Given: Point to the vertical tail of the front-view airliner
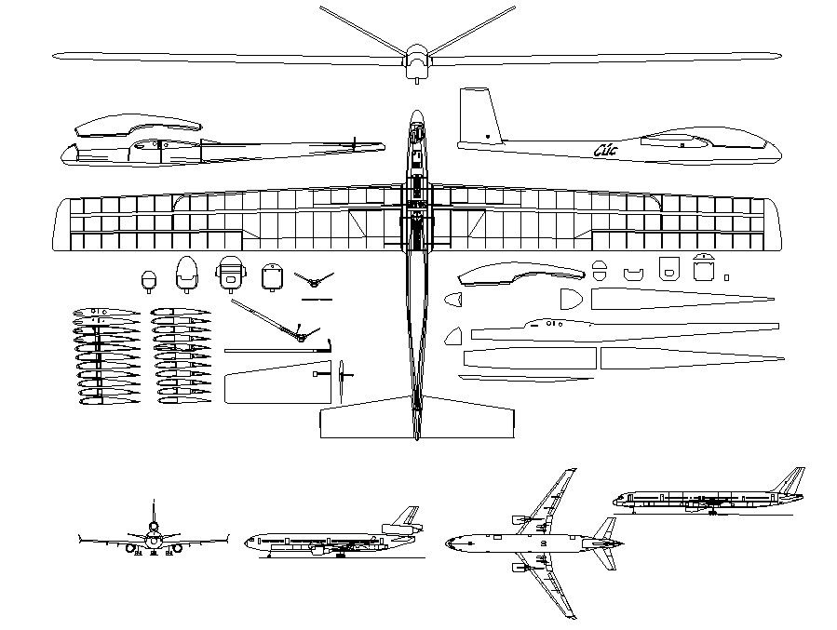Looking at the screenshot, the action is coord(154,513).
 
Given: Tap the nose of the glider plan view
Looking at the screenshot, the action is coord(416,115).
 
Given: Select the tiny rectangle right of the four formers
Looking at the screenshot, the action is coord(727,276).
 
